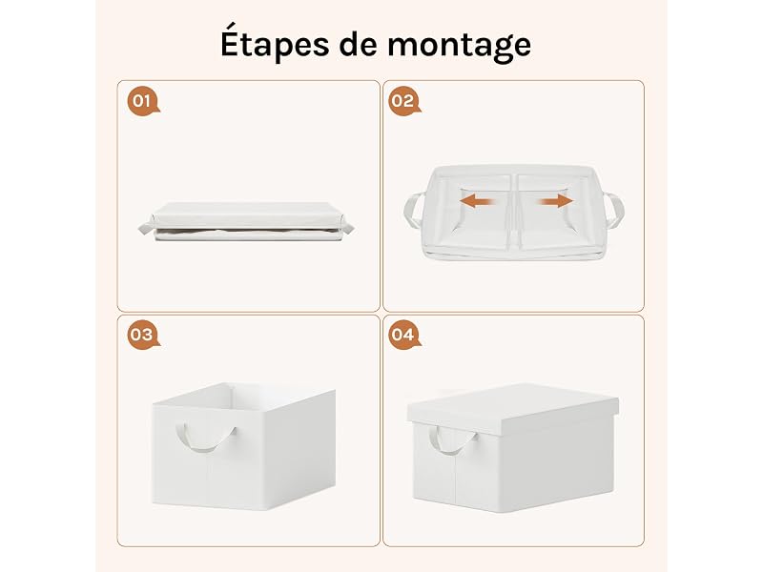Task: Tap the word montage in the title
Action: click(x=459, y=46)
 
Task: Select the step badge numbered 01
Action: click(x=142, y=102)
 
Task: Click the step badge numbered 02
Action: click(x=403, y=102)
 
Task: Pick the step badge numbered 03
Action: click(x=142, y=336)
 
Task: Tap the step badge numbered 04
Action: click(x=403, y=336)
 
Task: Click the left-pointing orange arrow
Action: click(x=479, y=200)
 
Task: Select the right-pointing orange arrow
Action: click(x=556, y=200)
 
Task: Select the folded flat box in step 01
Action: click(x=246, y=221)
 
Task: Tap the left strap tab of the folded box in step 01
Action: click(x=146, y=227)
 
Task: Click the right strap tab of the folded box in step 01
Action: click(x=346, y=227)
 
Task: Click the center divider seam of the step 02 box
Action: click(x=514, y=213)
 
